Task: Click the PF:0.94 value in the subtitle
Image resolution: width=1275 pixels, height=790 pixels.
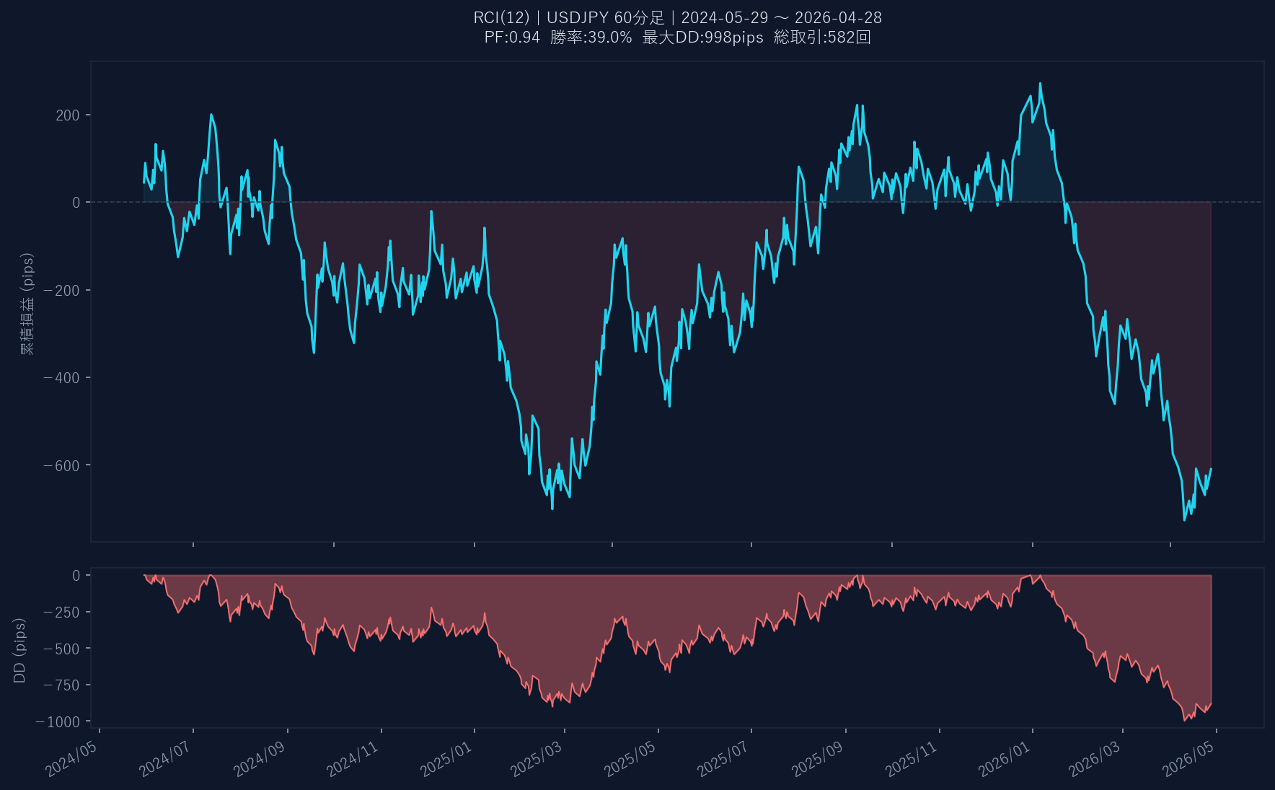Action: tap(512, 38)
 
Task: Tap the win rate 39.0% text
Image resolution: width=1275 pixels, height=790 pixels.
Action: tap(591, 38)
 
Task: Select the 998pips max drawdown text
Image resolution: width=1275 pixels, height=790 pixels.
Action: tap(703, 38)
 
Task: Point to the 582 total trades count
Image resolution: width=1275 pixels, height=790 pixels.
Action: tap(823, 38)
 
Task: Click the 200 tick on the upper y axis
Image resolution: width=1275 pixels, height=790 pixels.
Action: tap(68, 115)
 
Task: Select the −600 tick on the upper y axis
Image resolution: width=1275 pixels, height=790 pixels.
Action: tap(62, 465)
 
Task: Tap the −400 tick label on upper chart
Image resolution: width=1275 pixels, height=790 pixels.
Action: tap(62, 378)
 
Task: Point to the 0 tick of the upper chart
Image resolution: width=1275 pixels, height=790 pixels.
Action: tap(76, 203)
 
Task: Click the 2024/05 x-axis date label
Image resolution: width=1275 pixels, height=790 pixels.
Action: tap(71, 760)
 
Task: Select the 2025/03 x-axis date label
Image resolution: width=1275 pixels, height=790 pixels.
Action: tap(537, 760)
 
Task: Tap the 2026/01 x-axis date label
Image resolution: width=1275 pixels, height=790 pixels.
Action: tap(1005, 760)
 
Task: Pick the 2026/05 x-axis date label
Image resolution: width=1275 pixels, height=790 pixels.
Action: tap(1188, 760)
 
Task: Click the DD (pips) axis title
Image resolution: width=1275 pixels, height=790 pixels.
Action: tap(19, 650)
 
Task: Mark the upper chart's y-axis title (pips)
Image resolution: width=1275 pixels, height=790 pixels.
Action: tap(27, 303)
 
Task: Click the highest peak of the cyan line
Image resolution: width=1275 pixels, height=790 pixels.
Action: tap(1040, 84)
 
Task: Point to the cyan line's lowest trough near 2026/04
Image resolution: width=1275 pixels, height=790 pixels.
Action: tap(1184, 519)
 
